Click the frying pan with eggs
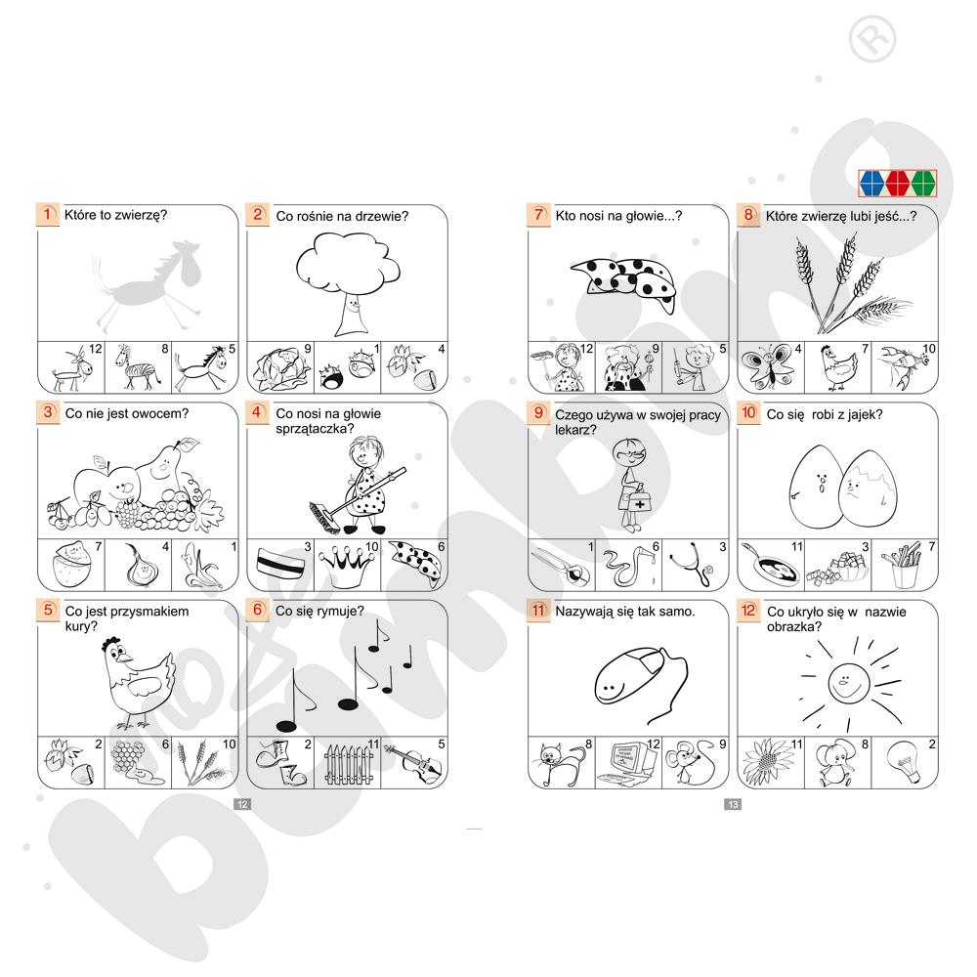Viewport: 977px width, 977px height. (769, 566)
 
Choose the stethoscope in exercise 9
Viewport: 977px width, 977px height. (693, 565)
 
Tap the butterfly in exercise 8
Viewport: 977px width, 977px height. (768, 366)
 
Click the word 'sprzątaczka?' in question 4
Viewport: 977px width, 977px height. (315, 429)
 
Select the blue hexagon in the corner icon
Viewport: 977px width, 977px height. (871, 184)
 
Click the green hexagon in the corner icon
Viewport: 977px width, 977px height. (923, 184)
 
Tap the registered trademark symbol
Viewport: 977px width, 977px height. (872, 39)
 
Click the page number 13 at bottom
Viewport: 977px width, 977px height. (733, 804)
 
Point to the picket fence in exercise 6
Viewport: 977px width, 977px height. (348, 764)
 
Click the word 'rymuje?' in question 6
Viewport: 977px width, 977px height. (341, 612)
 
